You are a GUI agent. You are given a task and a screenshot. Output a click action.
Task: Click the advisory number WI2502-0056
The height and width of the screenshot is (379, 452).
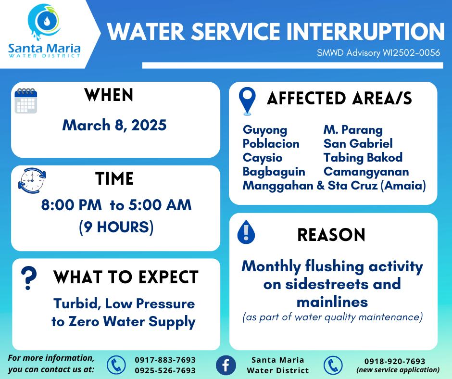click(x=411, y=53)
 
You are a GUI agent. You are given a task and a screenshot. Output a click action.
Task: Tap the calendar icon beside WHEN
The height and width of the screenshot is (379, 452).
click(x=26, y=101)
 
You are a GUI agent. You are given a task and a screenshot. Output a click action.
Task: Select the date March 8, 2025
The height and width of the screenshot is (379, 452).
click(x=114, y=125)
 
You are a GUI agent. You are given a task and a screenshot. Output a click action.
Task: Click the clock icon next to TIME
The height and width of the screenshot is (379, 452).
click(x=32, y=180)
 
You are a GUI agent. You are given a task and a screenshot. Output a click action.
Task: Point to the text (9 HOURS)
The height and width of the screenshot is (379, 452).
click(x=116, y=227)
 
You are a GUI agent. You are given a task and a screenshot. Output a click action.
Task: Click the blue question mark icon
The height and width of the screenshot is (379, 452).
click(x=29, y=278)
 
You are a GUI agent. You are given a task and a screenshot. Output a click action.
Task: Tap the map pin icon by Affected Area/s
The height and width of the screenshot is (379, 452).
click(x=247, y=101)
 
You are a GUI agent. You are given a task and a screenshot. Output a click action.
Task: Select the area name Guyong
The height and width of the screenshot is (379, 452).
click(x=265, y=130)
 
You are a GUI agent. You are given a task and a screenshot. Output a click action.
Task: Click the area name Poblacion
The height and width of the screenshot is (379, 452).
click(x=271, y=144)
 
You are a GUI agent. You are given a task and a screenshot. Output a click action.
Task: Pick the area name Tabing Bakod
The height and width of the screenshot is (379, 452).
click(x=363, y=158)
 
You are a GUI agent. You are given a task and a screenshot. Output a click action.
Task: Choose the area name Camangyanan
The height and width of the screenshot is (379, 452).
click(x=366, y=172)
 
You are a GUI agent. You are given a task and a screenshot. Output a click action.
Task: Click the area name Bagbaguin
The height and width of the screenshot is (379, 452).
click(x=274, y=172)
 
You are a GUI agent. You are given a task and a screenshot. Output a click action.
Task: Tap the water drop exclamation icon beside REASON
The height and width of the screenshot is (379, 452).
click(x=246, y=232)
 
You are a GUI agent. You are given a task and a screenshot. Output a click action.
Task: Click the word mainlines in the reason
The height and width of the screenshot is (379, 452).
click(x=332, y=302)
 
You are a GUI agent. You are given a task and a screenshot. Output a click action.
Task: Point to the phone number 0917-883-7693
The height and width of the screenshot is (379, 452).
click(x=165, y=360)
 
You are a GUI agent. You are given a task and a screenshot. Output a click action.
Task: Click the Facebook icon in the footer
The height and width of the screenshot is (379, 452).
click(x=226, y=365)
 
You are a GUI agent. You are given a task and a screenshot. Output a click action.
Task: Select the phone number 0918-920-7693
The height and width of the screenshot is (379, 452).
click(x=395, y=361)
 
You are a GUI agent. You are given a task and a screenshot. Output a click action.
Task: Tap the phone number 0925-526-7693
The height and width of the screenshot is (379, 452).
click(x=165, y=370)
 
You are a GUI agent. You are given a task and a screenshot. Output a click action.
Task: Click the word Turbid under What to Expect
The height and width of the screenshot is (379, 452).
click(x=77, y=304)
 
